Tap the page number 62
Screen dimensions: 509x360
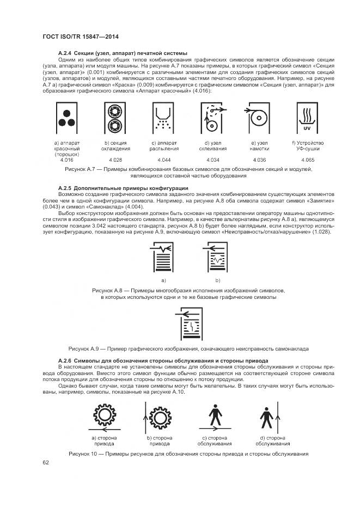[46, 463]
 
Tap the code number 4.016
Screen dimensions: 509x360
[66, 160]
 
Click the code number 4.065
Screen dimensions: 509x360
[308, 160]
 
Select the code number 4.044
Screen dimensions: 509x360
[163, 160]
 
